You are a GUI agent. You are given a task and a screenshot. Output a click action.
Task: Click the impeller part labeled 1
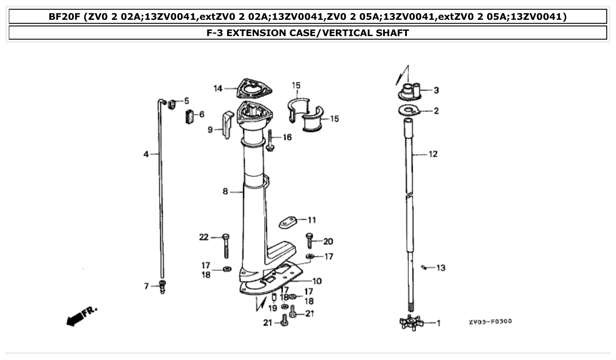(x=411, y=323)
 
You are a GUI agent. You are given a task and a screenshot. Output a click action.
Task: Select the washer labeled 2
(x=410, y=110)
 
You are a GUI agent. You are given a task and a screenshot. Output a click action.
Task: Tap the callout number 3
(x=436, y=90)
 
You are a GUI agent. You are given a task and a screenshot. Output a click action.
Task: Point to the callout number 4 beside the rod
(x=146, y=154)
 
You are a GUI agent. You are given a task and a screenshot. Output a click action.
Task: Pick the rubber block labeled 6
(x=189, y=117)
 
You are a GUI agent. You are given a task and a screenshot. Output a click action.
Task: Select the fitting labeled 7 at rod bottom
(x=162, y=287)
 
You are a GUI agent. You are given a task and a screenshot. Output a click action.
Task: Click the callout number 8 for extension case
(x=225, y=191)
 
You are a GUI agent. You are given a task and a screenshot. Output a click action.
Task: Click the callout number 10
(x=317, y=281)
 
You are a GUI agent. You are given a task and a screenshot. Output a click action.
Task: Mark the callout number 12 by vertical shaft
(x=433, y=154)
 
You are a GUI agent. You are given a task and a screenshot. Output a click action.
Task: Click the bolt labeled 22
(x=226, y=245)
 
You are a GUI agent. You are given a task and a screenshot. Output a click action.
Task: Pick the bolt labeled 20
(x=309, y=240)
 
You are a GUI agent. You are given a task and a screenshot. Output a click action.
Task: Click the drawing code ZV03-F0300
(x=490, y=322)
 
